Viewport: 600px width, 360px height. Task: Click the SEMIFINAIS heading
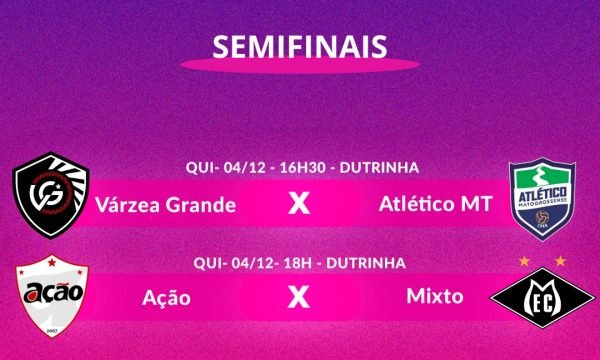point(300,47)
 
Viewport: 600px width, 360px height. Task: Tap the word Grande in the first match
point(202,206)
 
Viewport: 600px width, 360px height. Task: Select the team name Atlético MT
point(435,205)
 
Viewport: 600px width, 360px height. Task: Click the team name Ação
point(167,297)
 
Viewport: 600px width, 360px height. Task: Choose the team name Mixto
point(434,297)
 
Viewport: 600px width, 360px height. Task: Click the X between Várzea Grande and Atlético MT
point(298,205)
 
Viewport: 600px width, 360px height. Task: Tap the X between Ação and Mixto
point(298,297)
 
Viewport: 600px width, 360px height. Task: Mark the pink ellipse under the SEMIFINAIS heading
point(300,65)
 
